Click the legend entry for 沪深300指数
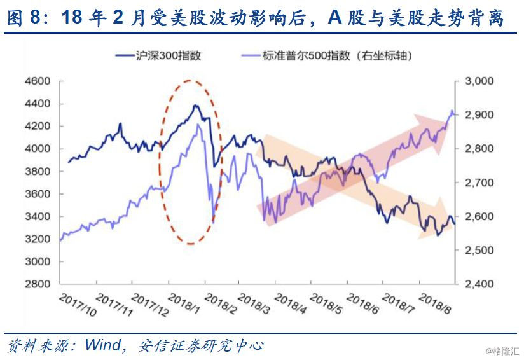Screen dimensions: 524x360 click(x=158, y=55)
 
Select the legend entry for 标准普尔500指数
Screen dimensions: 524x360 click(x=327, y=55)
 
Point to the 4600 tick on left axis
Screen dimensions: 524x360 click(x=38, y=81)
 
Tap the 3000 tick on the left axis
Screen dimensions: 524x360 click(x=38, y=261)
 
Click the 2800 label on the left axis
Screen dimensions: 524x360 click(x=38, y=284)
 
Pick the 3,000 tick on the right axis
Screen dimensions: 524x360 click(x=479, y=81)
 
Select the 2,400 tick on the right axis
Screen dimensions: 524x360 click(x=479, y=284)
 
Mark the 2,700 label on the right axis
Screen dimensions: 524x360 click(x=479, y=183)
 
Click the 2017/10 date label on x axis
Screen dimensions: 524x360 click(x=78, y=305)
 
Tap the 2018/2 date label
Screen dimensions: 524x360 click(x=221, y=303)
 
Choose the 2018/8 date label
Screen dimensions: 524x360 click(x=435, y=303)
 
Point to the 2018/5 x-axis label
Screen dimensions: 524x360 click(x=326, y=303)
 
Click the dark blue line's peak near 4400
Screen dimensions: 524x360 click(x=196, y=106)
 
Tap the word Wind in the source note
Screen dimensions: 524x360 click(x=103, y=345)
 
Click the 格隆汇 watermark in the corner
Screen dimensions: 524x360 click(x=504, y=351)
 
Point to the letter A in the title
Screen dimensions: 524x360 click(x=335, y=18)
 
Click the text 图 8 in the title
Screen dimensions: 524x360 click(x=23, y=18)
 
